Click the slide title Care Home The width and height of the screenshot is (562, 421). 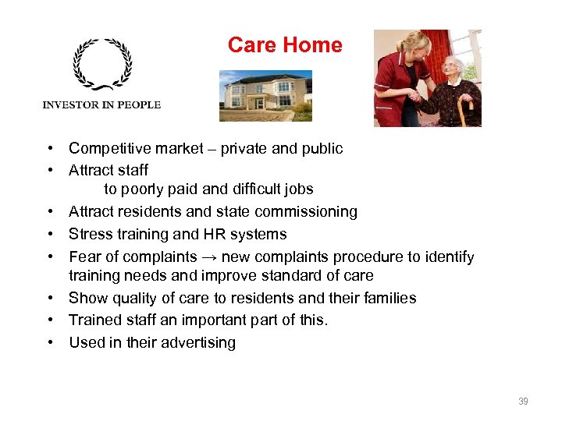(285, 45)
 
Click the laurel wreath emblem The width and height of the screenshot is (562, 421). (102, 65)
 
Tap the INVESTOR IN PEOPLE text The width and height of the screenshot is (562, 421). (101, 104)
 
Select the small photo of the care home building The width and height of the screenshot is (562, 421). (265, 96)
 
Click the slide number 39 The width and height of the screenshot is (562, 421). (523, 402)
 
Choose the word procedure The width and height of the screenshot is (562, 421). (369, 257)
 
